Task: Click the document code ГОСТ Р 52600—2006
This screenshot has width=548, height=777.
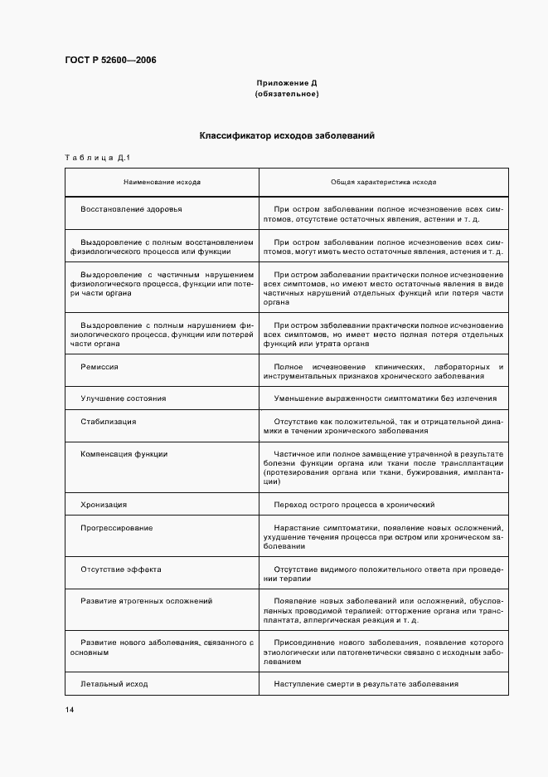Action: pos(109,61)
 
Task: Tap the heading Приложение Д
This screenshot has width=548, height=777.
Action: pos(287,84)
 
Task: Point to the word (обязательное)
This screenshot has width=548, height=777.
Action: pos(287,94)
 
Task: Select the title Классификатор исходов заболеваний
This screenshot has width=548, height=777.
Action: pos(287,135)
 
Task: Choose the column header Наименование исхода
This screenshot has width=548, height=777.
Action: pos(162,181)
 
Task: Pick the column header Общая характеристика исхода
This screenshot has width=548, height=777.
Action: pos(384,181)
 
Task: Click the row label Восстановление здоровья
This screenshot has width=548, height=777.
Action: pos(131,209)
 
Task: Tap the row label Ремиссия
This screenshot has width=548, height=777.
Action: pos(99,366)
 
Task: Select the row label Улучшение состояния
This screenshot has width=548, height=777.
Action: pos(123,398)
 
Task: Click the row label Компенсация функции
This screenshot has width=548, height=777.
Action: pos(124,454)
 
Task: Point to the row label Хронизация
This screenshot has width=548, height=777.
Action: pos(104,505)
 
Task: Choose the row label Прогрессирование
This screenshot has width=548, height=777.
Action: pos(116,528)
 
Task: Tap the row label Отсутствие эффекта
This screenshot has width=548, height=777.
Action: pos(121,569)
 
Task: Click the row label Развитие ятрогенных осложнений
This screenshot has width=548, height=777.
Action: pos(146,600)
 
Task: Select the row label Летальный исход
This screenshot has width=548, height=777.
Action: pos(114,684)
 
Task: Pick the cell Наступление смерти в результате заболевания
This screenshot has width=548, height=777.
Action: pos(366,684)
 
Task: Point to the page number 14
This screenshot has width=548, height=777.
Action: pos(69,710)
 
